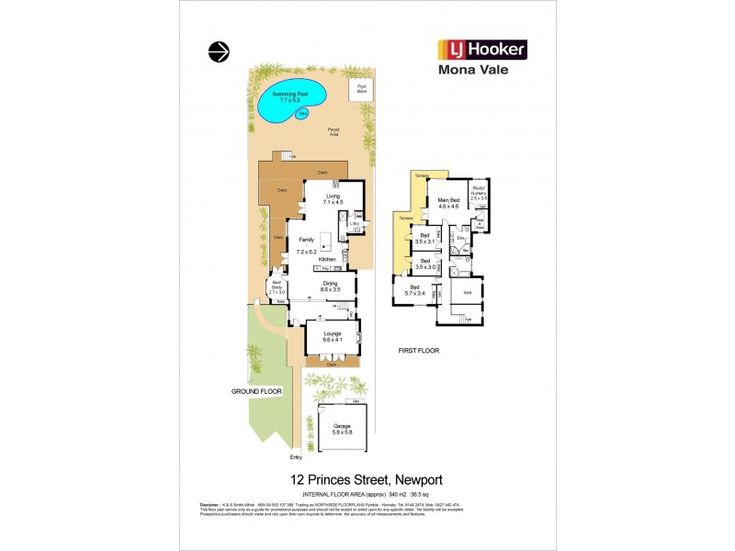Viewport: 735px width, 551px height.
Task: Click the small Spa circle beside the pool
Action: tap(301, 114)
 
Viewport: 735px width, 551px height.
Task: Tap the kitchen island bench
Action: tap(324, 240)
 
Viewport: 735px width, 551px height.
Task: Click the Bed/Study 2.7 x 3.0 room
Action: tap(277, 289)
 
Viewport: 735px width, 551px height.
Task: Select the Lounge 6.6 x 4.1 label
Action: tap(332, 336)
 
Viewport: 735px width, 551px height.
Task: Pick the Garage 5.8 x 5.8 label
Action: tap(343, 429)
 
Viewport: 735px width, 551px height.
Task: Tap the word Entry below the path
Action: tap(296, 456)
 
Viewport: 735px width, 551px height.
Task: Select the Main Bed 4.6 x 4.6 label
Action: tap(448, 203)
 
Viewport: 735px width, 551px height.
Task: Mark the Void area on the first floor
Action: tap(468, 294)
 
